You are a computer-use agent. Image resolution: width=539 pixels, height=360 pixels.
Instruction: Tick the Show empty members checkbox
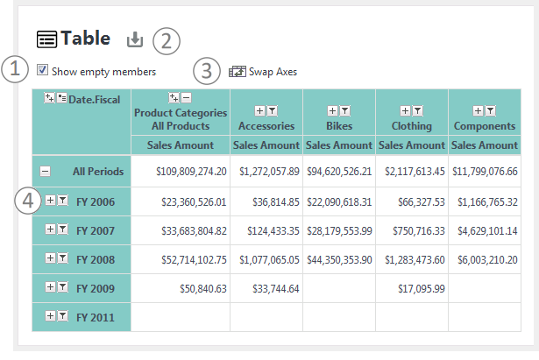pos(42,70)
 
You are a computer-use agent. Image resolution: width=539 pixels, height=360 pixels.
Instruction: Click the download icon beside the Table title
pos(135,39)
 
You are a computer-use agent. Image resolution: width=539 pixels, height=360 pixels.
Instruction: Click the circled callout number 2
pos(167,41)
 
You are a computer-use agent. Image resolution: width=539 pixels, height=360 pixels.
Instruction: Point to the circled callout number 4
pos(28,201)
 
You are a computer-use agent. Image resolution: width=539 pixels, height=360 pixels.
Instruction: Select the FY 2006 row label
pos(96,202)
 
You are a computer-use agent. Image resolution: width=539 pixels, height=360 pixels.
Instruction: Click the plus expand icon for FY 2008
pos(50,258)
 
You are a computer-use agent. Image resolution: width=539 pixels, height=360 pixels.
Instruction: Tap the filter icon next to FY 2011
pos(62,315)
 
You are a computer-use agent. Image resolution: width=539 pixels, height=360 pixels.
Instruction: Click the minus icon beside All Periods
pos(45,171)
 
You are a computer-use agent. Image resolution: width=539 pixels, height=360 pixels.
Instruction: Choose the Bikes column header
pos(339,126)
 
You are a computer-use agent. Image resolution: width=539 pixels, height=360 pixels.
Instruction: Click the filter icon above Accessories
pos(273,110)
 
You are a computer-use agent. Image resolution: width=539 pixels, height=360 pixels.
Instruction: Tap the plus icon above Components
pos(478,110)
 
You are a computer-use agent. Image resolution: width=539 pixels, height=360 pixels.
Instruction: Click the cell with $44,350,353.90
pos(339,259)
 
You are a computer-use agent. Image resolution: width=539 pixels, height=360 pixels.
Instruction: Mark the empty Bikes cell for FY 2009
pos(339,288)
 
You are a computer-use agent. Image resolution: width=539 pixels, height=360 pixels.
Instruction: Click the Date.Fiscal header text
pos(94,100)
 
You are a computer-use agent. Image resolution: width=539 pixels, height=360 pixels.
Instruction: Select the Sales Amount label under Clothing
pos(412,145)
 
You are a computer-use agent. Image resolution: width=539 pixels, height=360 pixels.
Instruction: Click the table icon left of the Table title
pos(46,39)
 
